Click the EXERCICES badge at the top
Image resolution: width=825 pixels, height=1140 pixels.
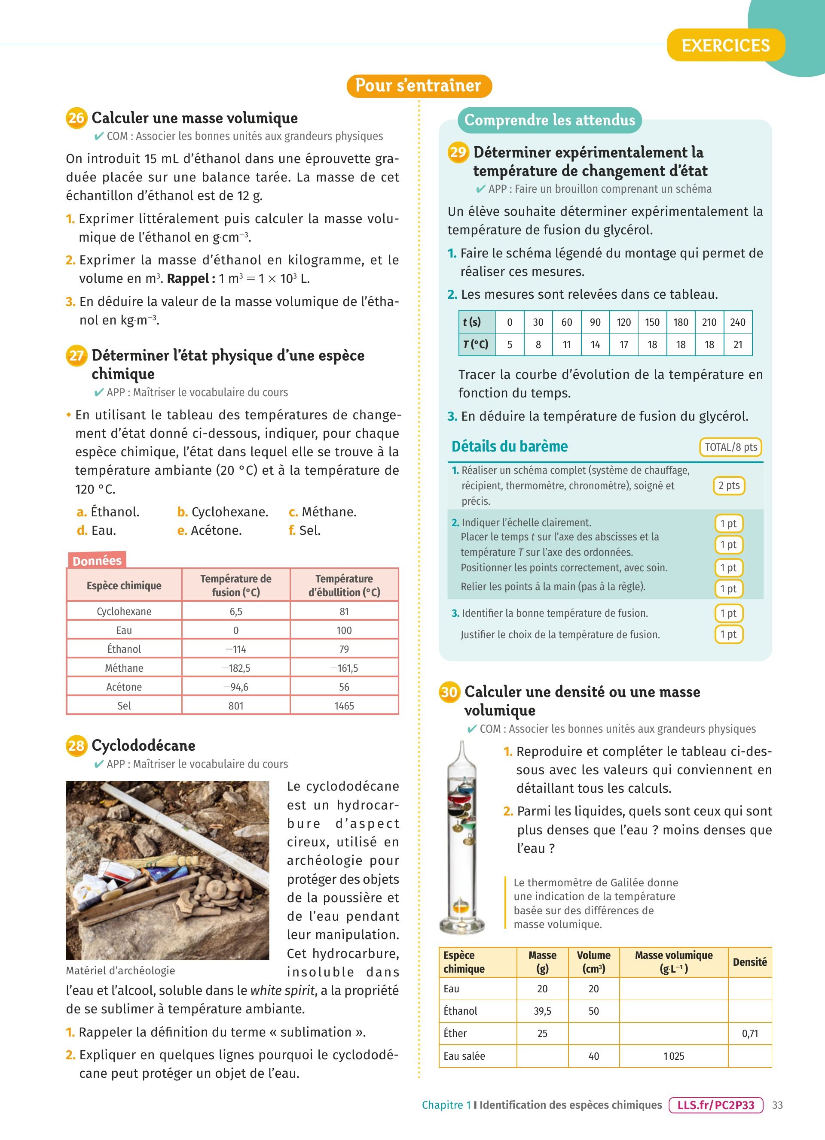[725, 45]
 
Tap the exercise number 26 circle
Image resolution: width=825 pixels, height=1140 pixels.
[76, 118]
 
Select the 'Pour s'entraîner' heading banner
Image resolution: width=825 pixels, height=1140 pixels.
[419, 85]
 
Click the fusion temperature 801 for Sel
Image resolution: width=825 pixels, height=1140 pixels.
[236, 706]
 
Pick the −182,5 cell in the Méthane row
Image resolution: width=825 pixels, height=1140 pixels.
[236, 668]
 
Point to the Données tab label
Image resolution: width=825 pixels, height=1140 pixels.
[97, 561]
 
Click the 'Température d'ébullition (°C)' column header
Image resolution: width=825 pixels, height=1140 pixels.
[344, 585]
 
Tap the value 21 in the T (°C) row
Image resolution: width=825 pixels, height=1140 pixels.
[737, 345]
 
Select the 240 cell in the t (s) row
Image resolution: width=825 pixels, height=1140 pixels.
[737, 322]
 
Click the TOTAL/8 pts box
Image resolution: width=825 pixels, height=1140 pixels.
[730, 447]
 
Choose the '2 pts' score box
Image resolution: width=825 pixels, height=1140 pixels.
[728, 485]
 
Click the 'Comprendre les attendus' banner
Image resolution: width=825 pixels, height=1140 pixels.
[549, 120]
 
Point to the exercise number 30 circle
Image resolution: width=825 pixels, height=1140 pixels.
[449, 692]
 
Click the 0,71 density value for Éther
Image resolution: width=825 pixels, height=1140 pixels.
[749, 1034]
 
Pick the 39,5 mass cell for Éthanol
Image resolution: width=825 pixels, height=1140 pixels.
[542, 1011]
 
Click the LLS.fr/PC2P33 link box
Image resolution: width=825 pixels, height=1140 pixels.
[716, 1105]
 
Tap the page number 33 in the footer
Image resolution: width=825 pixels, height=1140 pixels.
[777, 1105]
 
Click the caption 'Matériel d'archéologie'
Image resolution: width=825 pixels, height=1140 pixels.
[121, 970]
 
